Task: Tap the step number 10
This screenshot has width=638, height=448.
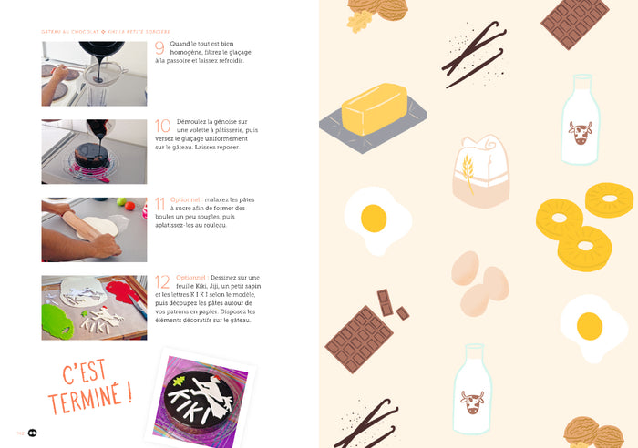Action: click(162, 126)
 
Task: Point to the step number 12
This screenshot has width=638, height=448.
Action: click(162, 282)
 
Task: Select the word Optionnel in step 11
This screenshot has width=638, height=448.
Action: click(187, 199)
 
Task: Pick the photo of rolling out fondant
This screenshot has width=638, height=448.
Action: click(94, 230)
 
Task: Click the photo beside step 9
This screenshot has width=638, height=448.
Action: click(94, 73)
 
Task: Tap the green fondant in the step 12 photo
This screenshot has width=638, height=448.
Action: click(57, 320)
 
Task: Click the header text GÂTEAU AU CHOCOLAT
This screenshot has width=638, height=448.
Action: click(71, 31)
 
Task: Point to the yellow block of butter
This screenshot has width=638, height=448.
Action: click(373, 110)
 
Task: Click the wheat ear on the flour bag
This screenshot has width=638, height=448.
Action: click(468, 170)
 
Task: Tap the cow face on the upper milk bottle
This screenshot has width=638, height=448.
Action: click(580, 133)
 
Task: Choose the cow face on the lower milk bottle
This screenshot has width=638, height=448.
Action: click(471, 402)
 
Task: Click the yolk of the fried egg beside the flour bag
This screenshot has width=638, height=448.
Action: click(374, 218)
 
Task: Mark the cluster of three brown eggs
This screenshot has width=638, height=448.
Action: click(479, 282)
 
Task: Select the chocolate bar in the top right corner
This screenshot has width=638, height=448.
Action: click(574, 20)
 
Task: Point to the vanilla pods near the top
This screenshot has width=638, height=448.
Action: click(474, 51)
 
